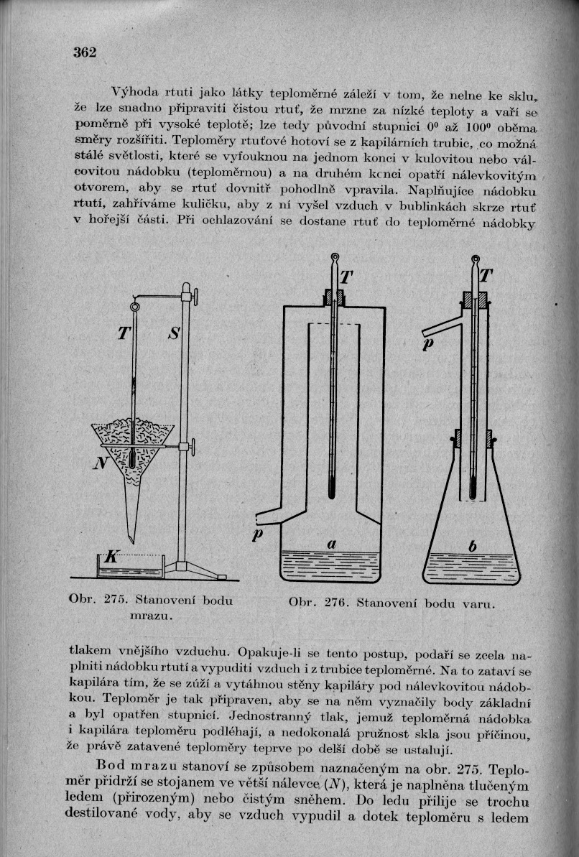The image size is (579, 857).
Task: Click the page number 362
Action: pyautogui.click(x=84, y=52)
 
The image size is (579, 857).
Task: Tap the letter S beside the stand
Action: pyautogui.click(x=175, y=333)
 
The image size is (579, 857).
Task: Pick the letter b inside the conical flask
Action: pyautogui.click(x=472, y=547)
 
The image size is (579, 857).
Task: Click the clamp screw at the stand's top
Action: pyautogui.click(x=193, y=295)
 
